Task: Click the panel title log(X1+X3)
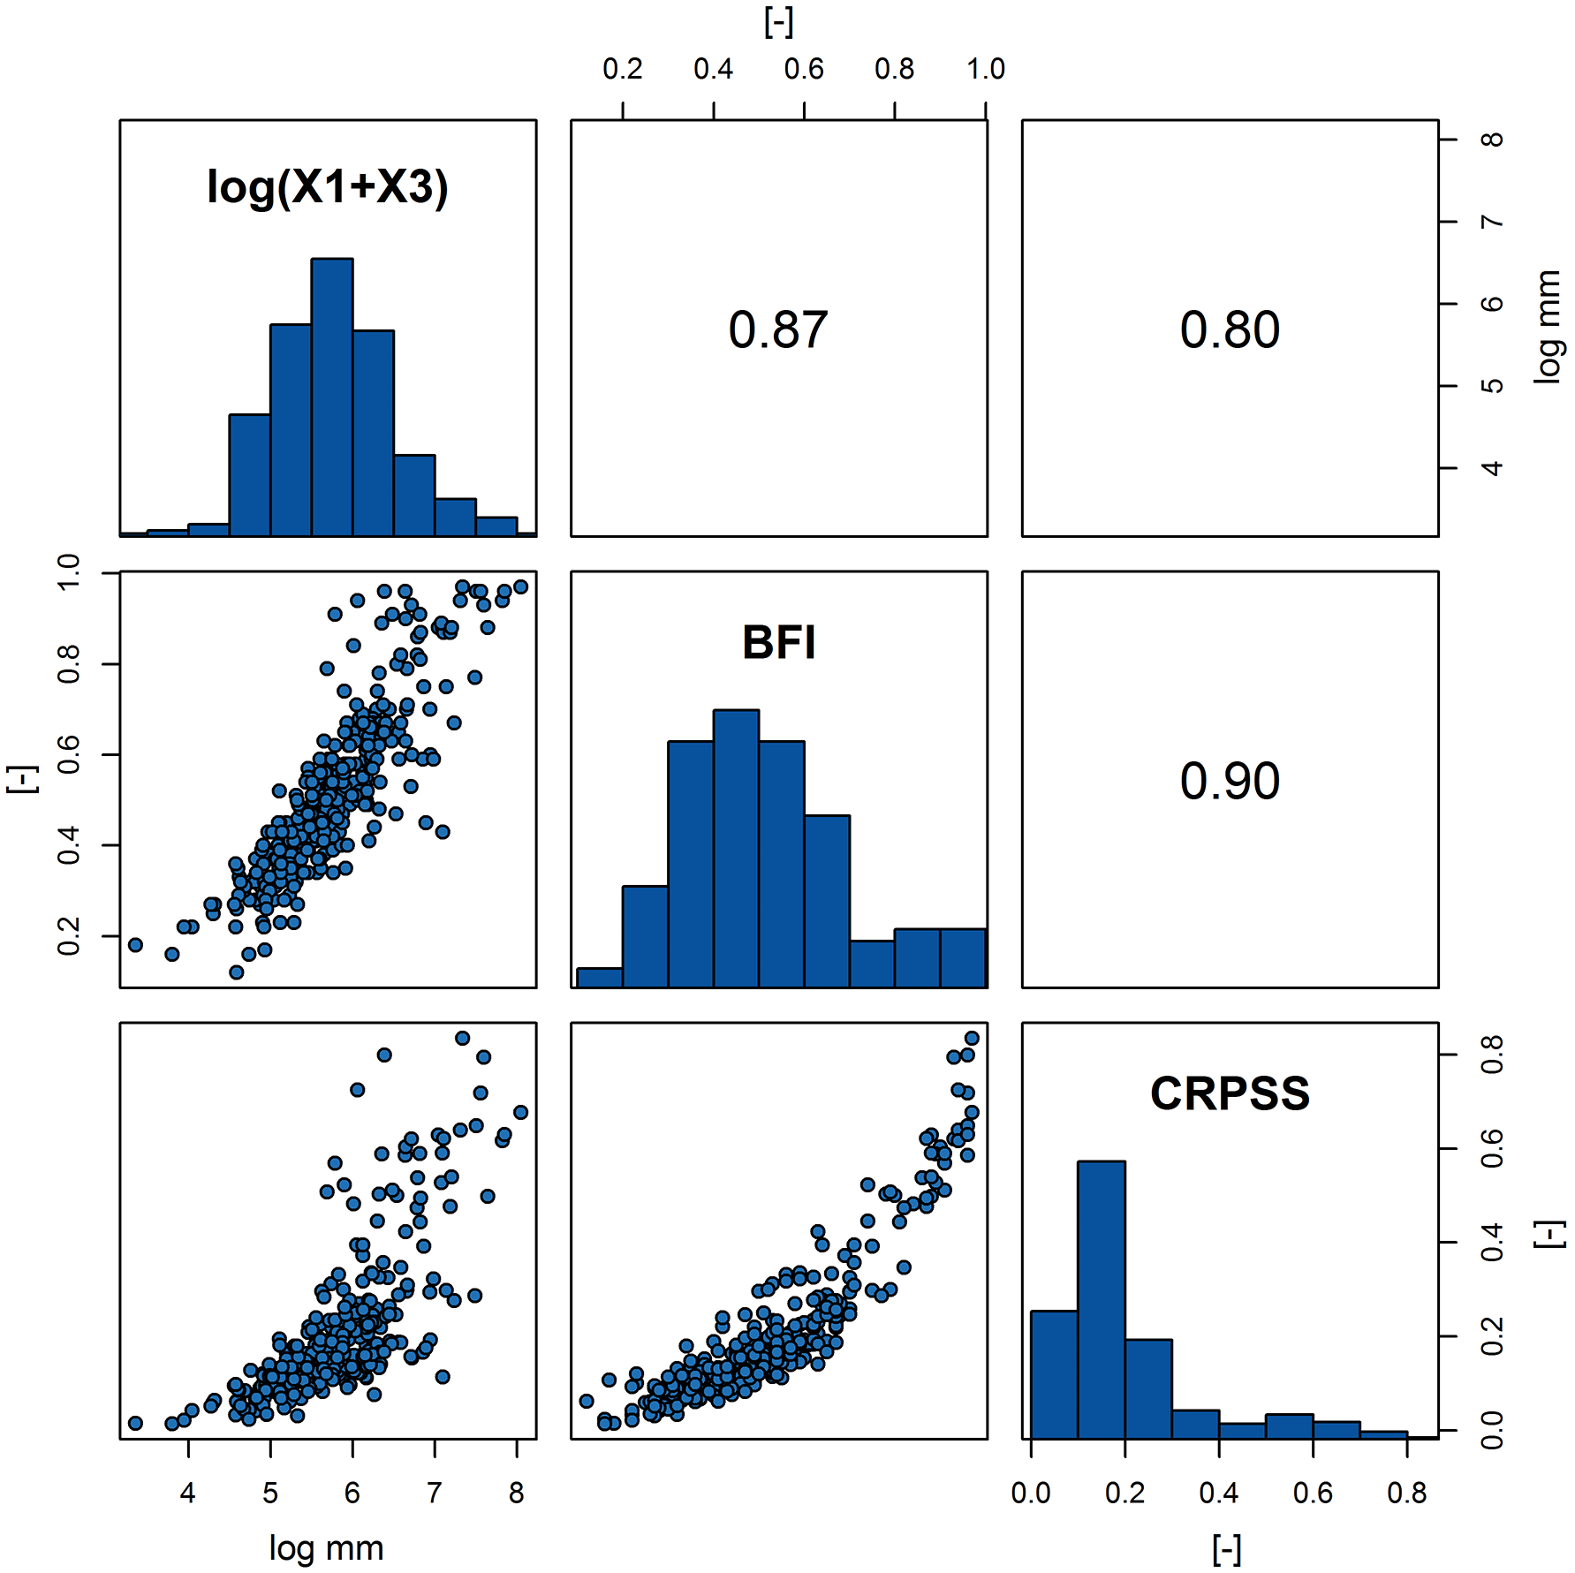coord(328,187)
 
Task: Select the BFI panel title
coord(778,643)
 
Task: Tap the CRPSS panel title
coord(1230,1093)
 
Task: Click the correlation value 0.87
coord(778,330)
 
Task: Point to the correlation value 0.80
coord(1230,330)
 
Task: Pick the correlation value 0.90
coord(1230,782)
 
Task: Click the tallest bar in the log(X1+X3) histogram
coord(332,397)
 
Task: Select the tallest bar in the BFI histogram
coord(736,848)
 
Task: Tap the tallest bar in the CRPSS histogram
coord(1101,1298)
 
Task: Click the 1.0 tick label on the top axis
coord(985,69)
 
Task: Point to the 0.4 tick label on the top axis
coord(713,69)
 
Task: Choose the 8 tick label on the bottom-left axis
coord(517,1494)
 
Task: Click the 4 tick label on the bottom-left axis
coord(187,1494)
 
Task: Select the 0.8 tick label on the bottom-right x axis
coord(1406,1494)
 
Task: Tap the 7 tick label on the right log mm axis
coord(1492,222)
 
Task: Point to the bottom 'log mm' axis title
coord(326,1548)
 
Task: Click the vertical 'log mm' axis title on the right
coord(1547,327)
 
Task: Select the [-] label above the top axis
coord(778,22)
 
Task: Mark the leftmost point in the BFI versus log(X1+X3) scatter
coord(135,945)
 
